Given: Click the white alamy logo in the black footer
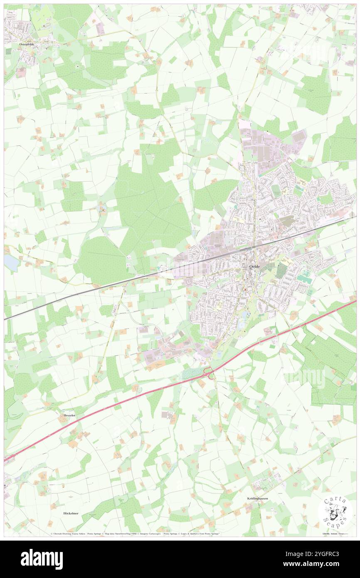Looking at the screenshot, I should (42, 559).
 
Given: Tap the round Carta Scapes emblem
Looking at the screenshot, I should (335, 512).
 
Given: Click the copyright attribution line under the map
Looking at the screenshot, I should (137, 533).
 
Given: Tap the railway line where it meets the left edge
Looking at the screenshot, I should (5, 318).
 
